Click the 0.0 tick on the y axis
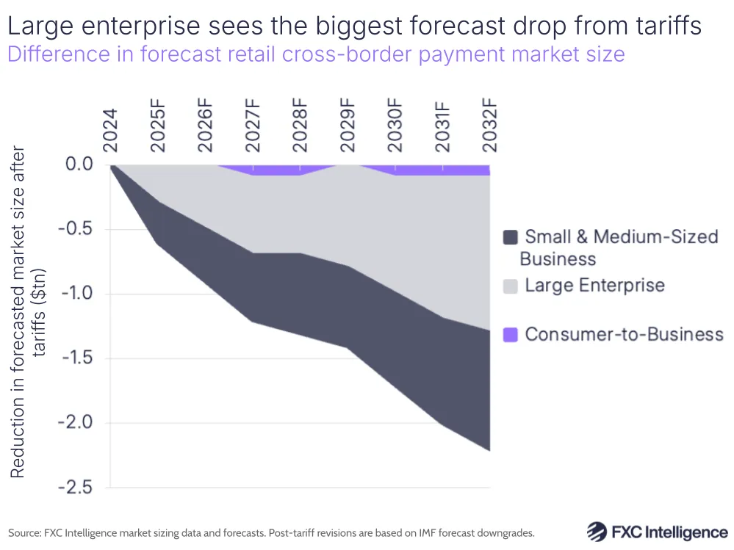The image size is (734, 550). tap(80, 164)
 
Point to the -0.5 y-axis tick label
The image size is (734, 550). tap(76, 229)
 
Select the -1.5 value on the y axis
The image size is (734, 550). tap(76, 358)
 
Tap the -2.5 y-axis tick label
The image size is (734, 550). tap(76, 488)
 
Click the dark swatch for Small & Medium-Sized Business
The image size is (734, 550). tap(511, 237)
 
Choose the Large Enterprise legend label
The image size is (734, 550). tap(594, 286)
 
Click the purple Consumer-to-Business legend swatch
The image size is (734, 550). tap(511, 335)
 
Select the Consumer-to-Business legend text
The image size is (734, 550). tap(624, 335)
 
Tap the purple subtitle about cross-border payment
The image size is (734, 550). tap(316, 54)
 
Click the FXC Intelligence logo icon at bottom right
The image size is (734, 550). tap(597, 532)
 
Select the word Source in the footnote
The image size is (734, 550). tap(24, 532)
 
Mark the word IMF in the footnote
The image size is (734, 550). tap(424, 532)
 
